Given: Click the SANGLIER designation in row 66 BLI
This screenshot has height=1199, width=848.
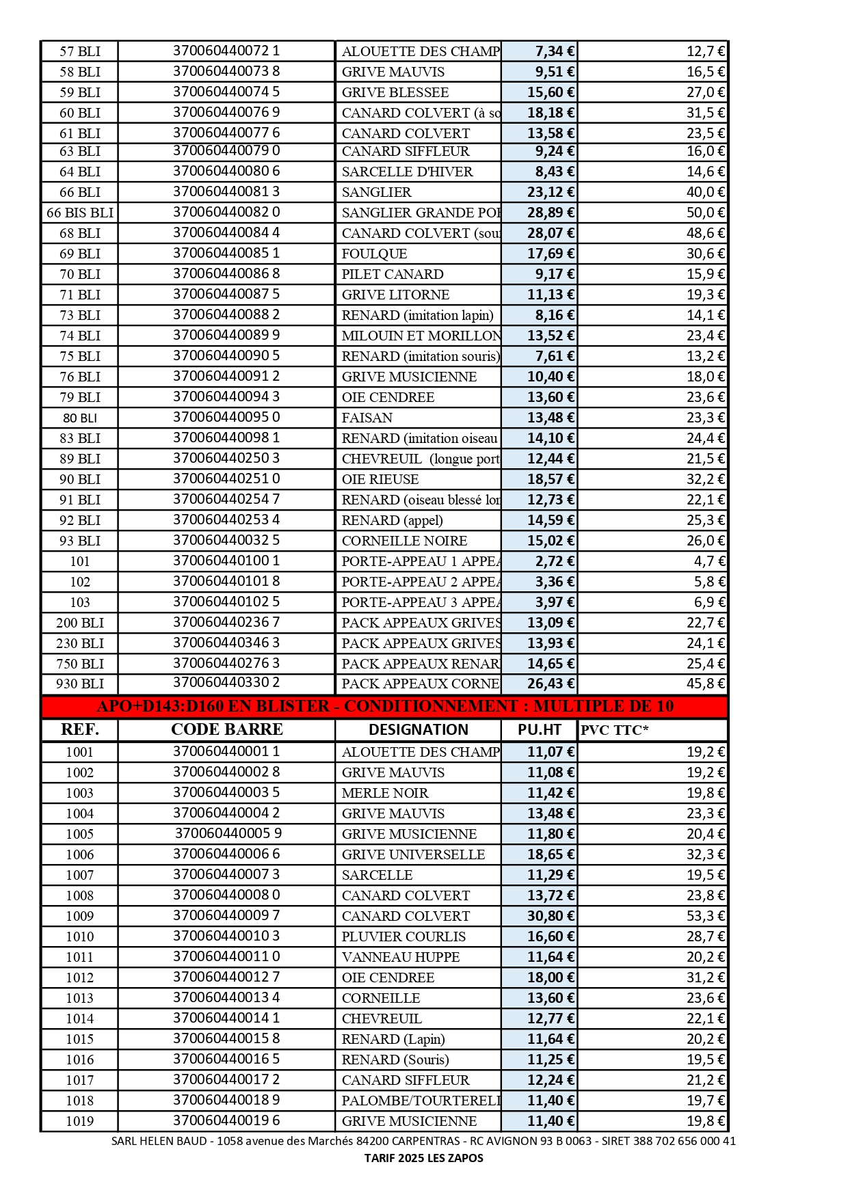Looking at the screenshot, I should [x=377, y=192].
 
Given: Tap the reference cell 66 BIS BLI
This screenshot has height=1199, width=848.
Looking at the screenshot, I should [x=80, y=213].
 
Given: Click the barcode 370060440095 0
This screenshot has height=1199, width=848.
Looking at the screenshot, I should [x=226, y=417].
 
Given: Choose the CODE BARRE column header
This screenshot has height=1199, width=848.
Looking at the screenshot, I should [x=226, y=729].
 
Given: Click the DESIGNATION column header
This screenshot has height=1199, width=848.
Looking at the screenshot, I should [x=419, y=729].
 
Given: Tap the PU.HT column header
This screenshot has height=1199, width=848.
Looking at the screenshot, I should [x=540, y=729].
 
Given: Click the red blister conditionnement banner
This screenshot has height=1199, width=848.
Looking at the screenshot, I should [x=384, y=706].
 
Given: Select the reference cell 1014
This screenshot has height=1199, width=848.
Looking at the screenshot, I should [x=80, y=1019].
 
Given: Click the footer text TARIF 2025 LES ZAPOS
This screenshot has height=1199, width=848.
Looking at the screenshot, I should [x=423, y=1158].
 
